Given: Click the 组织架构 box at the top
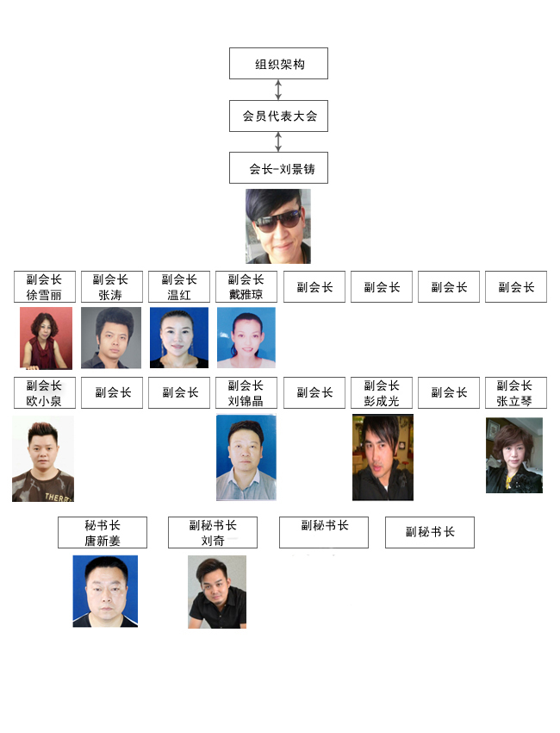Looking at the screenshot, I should pos(278,64).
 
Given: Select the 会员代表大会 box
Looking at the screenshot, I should pos(278,116).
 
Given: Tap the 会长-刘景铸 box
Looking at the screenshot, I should pos(278,168).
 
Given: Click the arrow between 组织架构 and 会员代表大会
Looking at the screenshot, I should pos(278,90).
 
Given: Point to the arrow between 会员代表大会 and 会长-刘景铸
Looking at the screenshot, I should pos(278,141).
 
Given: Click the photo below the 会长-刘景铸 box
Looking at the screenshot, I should pos(277,226).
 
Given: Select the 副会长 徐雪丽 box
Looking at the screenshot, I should pos(45,287).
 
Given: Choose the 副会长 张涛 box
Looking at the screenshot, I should pos(111,287).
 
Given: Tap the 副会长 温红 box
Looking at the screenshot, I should pos(179,287).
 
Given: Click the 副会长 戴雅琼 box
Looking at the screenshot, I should pos(246,287).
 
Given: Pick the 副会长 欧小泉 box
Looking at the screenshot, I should pos(45,392).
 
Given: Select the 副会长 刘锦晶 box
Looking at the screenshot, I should pos(246,392).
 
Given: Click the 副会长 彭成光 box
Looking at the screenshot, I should pos(382,392).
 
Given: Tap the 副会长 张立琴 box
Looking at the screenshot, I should pos(516,392).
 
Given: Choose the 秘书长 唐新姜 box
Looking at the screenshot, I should pos(103,532).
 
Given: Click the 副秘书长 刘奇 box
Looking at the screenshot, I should pos(213,532).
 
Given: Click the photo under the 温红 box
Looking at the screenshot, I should pos(179,337).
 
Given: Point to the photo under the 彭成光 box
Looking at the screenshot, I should pos(383,457).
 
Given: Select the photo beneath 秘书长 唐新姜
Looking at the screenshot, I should pos(105,591).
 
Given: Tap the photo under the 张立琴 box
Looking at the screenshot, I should pos(514,455).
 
